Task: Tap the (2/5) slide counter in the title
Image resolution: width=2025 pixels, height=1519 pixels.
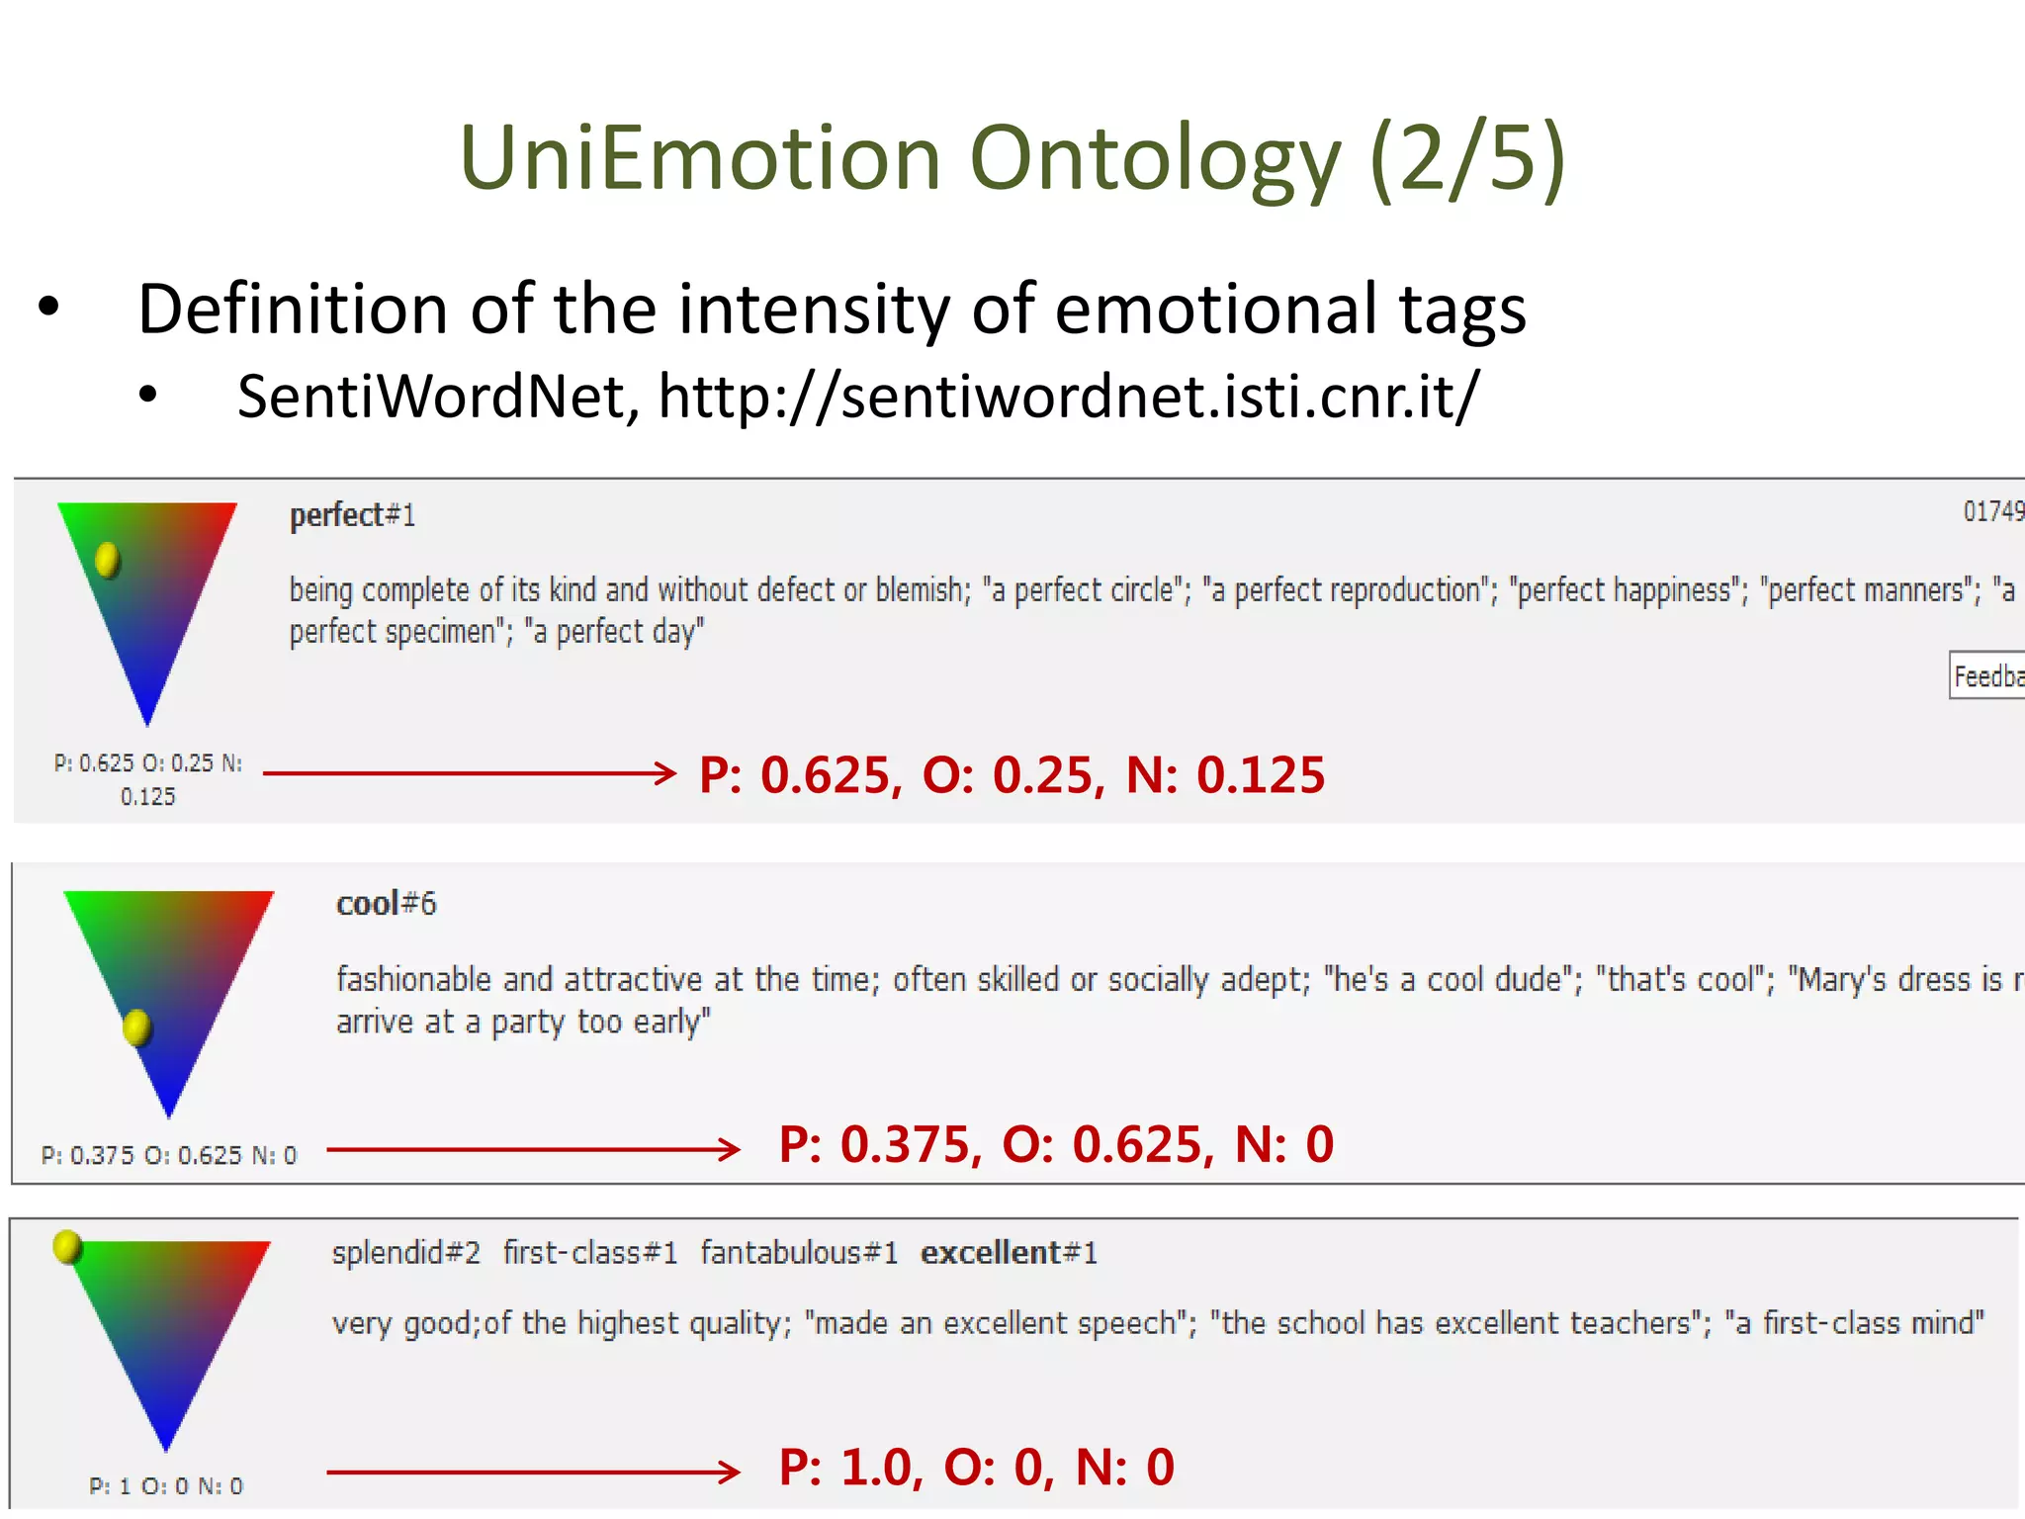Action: pyautogui.click(x=1467, y=158)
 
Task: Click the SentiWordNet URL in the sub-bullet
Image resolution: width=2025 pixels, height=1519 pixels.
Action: pyautogui.click(x=1069, y=397)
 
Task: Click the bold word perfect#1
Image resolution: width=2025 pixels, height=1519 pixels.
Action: pyautogui.click(x=352, y=515)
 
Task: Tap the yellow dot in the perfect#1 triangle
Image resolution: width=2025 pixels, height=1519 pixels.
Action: pyautogui.click(x=107, y=560)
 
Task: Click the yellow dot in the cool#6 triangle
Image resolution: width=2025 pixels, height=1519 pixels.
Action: pyautogui.click(x=136, y=1028)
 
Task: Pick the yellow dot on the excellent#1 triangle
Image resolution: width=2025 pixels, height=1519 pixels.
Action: pyautogui.click(x=67, y=1247)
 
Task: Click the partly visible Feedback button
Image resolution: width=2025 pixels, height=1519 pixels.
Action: pyautogui.click(x=1987, y=675)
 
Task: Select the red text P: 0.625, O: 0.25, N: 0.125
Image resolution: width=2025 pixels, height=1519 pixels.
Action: pyautogui.click(x=1011, y=774)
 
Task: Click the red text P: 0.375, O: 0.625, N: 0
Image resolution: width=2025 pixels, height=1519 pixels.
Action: pyautogui.click(x=1055, y=1144)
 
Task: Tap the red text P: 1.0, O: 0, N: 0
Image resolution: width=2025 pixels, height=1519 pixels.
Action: pyautogui.click(x=976, y=1467)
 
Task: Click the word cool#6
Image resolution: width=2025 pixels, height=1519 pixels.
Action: pyautogui.click(x=386, y=904)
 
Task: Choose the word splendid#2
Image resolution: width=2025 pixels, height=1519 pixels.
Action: pyautogui.click(x=405, y=1253)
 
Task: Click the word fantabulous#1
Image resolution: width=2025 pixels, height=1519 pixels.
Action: pyautogui.click(x=799, y=1253)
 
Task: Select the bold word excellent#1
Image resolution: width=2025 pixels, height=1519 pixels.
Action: pyautogui.click(x=1009, y=1253)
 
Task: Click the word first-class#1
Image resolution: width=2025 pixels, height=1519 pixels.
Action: pyautogui.click(x=590, y=1253)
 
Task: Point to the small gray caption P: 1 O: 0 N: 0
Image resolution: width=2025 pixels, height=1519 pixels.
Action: pyautogui.click(x=165, y=1485)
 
